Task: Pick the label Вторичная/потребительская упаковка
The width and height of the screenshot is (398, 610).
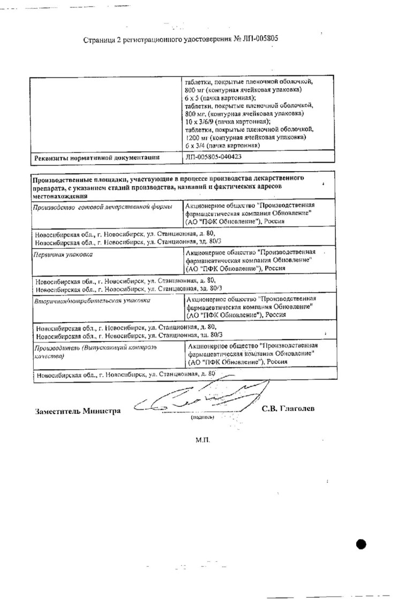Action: pos(92,301)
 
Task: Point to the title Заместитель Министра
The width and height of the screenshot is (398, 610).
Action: pos(78,411)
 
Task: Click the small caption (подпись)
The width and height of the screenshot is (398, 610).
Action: pos(202,417)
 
